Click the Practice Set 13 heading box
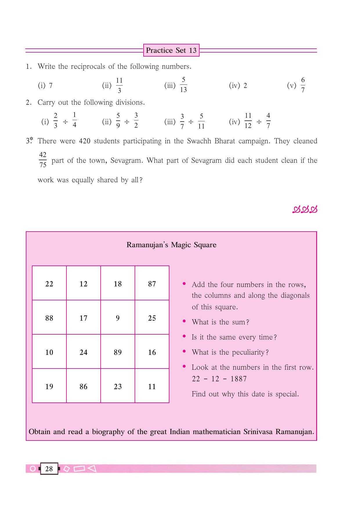(171, 50)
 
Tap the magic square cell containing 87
(152, 283)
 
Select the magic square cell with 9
(117, 317)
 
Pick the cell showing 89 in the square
(117, 352)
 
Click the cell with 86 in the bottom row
(83, 386)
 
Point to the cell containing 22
(49, 283)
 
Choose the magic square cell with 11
(152, 386)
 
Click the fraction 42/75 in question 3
(43, 160)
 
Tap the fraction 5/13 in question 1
(183, 85)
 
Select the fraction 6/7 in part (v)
(303, 85)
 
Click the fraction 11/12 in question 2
(248, 121)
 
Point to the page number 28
(49, 469)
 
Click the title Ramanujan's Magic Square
(171, 245)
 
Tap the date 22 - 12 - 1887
(219, 379)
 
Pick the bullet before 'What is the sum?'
(184, 321)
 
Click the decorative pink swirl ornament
(305, 210)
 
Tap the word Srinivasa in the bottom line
(258, 432)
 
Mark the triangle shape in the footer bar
(92, 468)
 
